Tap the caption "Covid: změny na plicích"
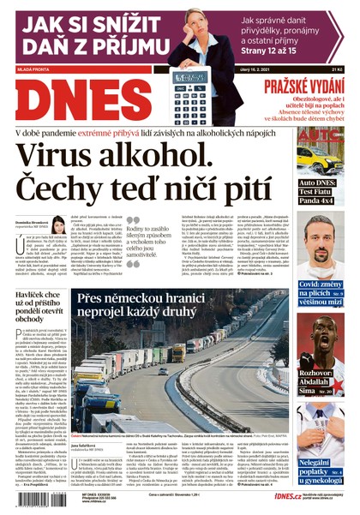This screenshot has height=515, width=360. tap(321, 289)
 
